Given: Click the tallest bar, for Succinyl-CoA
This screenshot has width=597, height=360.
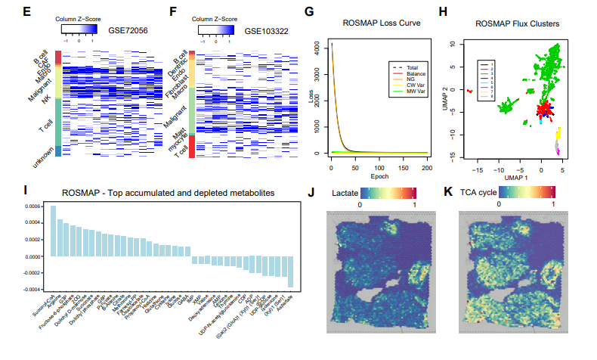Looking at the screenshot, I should point(54,231).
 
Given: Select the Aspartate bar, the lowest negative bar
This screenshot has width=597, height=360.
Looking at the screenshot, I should point(290,272).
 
